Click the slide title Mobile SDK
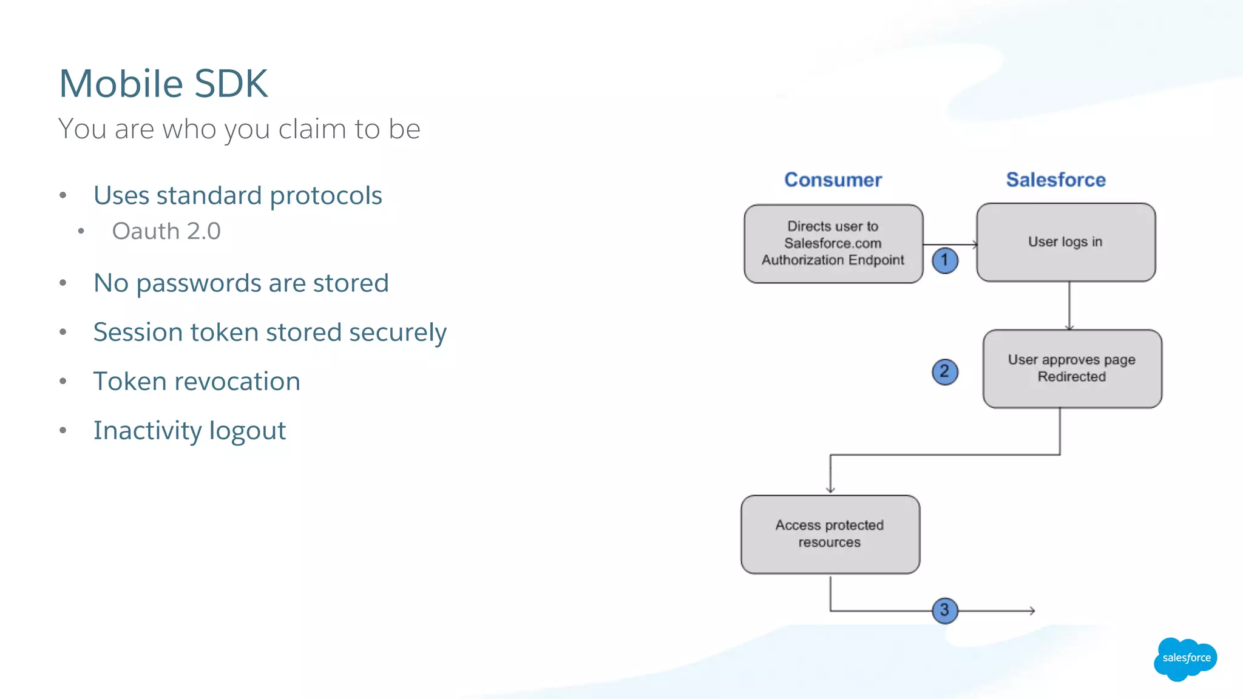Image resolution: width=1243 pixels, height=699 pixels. coord(163,83)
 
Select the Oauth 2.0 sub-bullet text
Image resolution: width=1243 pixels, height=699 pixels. coord(166,231)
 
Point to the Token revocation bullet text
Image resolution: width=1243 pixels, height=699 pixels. coord(197,382)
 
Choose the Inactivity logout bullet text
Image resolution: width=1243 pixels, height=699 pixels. coord(189,431)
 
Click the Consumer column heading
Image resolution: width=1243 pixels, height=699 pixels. coord(833,180)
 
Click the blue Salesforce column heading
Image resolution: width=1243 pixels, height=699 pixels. coord(1055,180)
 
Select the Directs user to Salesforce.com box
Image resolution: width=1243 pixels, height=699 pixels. coord(833,243)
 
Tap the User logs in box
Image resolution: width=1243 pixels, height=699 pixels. coord(1065,242)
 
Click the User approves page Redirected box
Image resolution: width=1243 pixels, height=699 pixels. coord(1072,368)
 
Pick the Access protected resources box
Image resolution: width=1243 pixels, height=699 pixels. coord(830,534)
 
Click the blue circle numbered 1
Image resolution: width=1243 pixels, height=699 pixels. coord(944,260)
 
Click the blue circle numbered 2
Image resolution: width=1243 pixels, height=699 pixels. coord(944,371)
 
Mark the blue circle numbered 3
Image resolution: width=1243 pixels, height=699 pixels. coord(944,610)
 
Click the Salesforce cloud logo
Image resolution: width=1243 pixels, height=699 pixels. coord(1185,658)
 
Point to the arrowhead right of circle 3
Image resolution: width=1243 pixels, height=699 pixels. coord(1032,610)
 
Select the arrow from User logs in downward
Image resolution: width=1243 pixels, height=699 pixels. coord(1069,306)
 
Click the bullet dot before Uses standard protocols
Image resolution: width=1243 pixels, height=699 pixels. coord(63,195)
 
